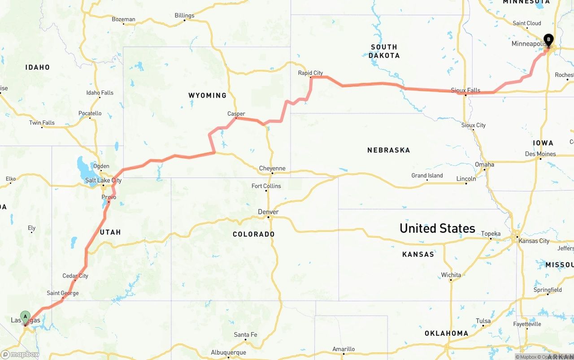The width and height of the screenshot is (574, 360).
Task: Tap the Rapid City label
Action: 311,73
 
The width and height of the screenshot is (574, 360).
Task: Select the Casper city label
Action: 236,114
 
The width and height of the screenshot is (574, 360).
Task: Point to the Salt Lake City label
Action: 103,180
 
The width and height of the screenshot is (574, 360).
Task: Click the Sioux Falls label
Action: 466,90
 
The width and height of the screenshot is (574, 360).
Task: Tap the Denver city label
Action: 268,212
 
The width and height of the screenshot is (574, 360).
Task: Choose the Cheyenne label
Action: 272,169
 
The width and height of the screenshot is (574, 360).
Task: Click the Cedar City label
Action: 75,276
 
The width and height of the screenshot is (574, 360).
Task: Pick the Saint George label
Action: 63,293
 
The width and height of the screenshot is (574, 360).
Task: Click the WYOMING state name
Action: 207,95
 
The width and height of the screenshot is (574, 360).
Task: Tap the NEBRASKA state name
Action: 388,150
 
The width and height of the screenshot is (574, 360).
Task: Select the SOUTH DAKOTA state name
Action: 384,51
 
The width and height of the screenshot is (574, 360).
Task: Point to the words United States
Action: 437,228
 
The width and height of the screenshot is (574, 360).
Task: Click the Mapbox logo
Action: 20,354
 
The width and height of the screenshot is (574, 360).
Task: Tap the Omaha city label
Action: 484,165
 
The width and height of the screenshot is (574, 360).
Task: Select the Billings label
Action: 184,15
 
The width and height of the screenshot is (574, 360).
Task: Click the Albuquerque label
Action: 228,352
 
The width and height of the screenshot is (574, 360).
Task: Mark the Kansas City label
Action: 534,241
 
